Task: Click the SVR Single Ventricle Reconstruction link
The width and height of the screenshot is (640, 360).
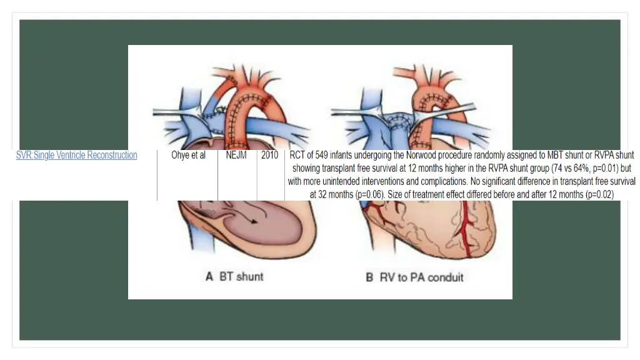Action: [x=76, y=155]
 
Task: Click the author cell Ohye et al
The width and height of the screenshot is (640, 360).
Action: [x=188, y=155]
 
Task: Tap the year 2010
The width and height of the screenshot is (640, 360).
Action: [x=270, y=155]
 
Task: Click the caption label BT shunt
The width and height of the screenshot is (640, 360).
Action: [x=241, y=276]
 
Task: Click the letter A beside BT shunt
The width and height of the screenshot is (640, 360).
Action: [x=209, y=276]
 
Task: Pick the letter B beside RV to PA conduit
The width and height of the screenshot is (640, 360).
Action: [x=369, y=276]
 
